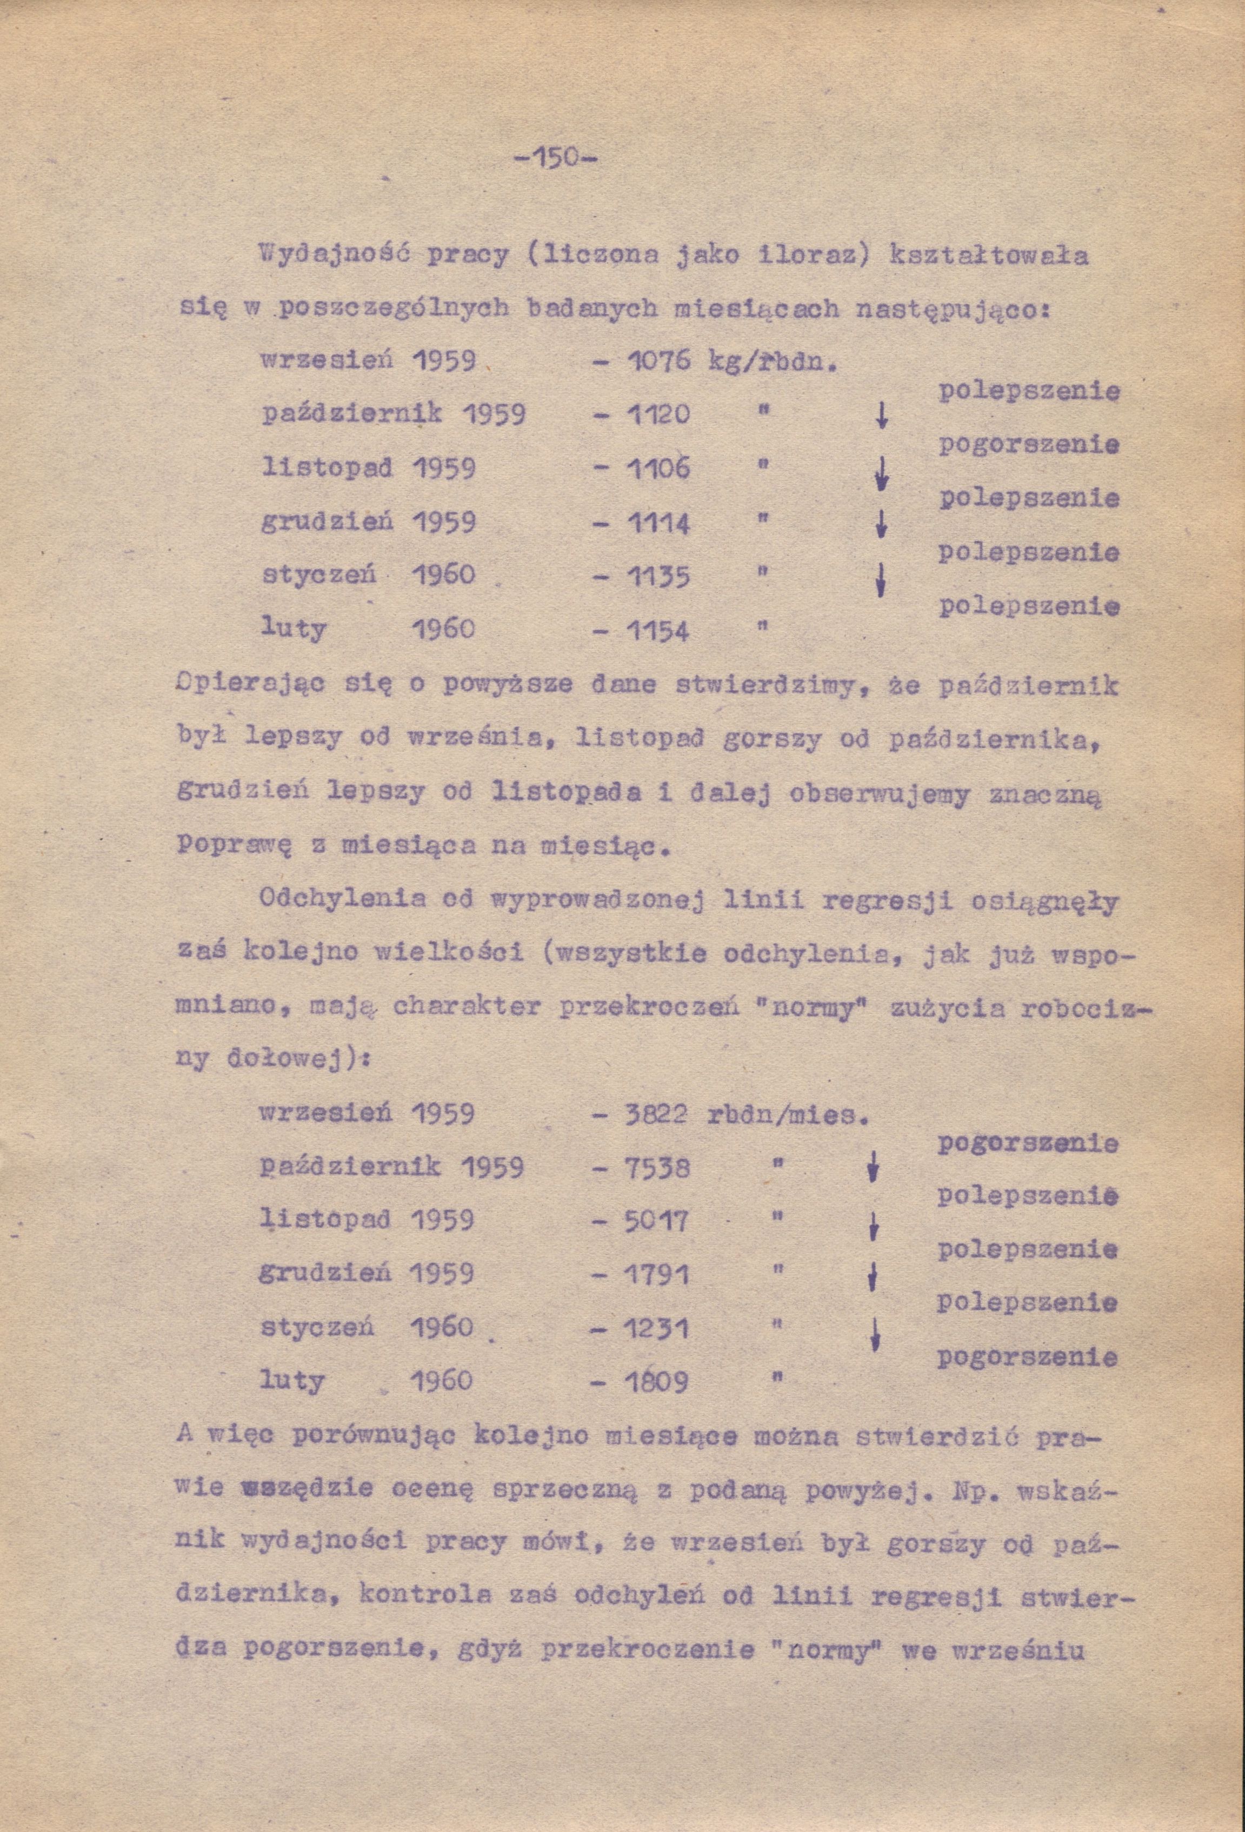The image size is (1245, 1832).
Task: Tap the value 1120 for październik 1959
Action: pyautogui.click(x=659, y=414)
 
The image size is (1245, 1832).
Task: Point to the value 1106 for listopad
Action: pyautogui.click(x=659, y=469)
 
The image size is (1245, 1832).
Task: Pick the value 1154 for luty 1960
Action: pyautogui.click(x=659, y=631)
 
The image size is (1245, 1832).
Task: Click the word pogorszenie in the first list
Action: pyautogui.click(x=1028, y=445)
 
